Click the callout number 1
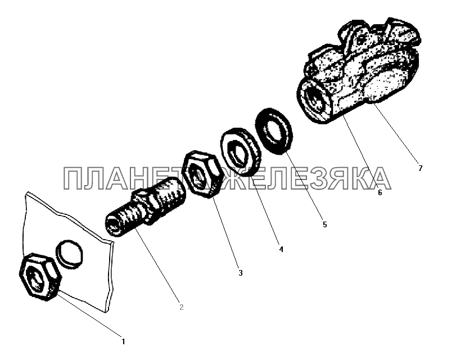click(123, 341)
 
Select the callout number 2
click(182, 307)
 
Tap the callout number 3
click(241, 273)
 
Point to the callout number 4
click(281, 249)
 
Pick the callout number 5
click(325, 224)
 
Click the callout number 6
click(380, 192)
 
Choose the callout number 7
click(420, 168)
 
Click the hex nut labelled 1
click(40, 277)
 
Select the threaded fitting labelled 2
click(145, 206)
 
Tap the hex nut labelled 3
click(201, 174)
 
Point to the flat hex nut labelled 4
click(240, 152)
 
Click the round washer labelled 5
click(274, 130)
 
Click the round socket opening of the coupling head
click(315, 98)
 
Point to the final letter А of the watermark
click(379, 178)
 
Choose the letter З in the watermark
click(314, 178)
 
